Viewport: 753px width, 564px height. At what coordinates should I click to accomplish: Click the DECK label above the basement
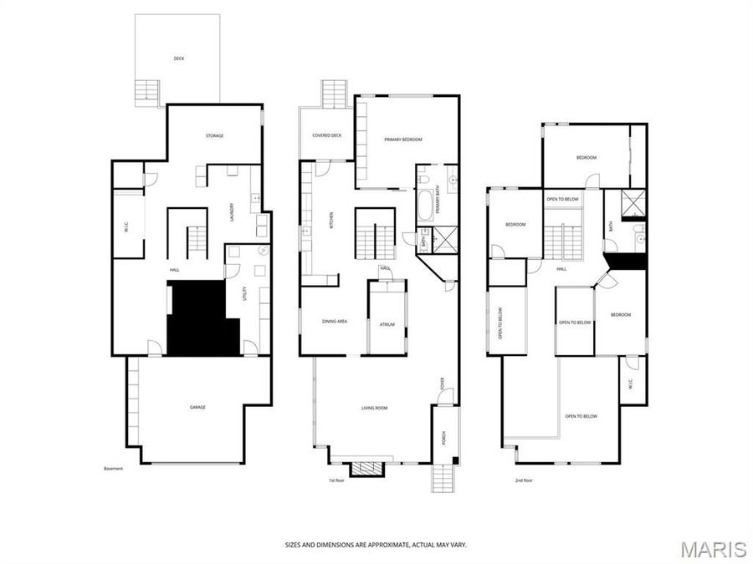click(178, 58)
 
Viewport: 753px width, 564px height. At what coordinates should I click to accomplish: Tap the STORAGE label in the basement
click(215, 135)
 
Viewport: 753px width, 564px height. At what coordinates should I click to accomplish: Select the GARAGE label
click(197, 407)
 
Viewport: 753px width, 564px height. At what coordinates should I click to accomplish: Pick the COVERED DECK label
click(327, 135)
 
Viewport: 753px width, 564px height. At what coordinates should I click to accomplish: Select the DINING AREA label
click(335, 322)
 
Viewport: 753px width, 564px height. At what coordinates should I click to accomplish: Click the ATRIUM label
click(387, 324)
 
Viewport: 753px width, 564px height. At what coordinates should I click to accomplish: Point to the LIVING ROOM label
click(374, 408)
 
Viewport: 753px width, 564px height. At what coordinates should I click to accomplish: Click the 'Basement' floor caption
click(113, 468)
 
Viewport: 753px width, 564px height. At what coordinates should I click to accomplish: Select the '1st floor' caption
click(336, 480)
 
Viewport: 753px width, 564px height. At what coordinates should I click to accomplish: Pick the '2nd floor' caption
click(524, 480)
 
